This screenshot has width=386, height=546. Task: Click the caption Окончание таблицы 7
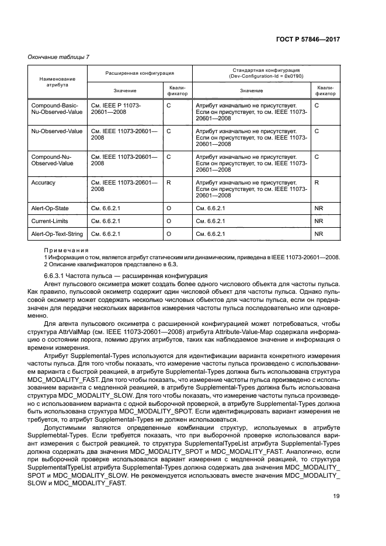tap(58, 56)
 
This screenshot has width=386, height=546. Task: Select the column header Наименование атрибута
tap(57, 82)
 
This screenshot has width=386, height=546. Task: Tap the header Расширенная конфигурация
tap(139, 74)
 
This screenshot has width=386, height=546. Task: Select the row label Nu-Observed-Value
tap(57, 131)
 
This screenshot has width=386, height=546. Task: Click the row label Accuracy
tap(44, 183)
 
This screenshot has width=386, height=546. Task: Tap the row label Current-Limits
tap(48, 221)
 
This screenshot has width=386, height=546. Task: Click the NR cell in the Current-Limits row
tap(319, 221)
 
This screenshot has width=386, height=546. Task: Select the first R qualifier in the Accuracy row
tap(169, 183)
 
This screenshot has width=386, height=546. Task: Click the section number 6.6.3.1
tap(55, 275)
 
